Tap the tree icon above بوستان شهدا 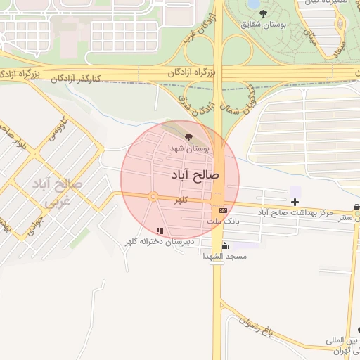pos(188,137)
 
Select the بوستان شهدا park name pos(186,149)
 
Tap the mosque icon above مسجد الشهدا pos(225,245)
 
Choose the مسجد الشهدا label pos(225,257)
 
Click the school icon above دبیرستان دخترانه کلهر pos(160,230)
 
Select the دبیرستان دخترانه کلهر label pos(159,242)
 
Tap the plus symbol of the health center pos(295,202)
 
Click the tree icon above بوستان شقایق pos(264,13)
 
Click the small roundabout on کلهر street pos(153,197)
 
